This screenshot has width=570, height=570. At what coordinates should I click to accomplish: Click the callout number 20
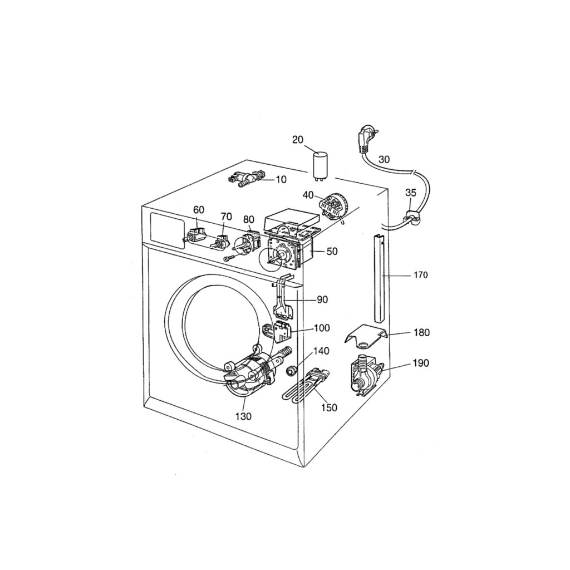(x=298, y=140)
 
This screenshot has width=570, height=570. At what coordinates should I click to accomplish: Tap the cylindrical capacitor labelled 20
(x=321, y=166)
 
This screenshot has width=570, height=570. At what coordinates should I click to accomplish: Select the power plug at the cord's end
(x=366, y=138)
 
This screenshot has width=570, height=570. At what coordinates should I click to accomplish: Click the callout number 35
(x=411, y=193)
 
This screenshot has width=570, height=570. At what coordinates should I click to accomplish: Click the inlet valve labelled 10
(x=245, y=178)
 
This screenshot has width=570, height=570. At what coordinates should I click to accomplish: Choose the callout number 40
(x=308, y=195)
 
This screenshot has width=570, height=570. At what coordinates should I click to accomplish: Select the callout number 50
(x=332, y=251)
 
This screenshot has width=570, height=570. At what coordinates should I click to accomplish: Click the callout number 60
(x=199, y=210)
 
